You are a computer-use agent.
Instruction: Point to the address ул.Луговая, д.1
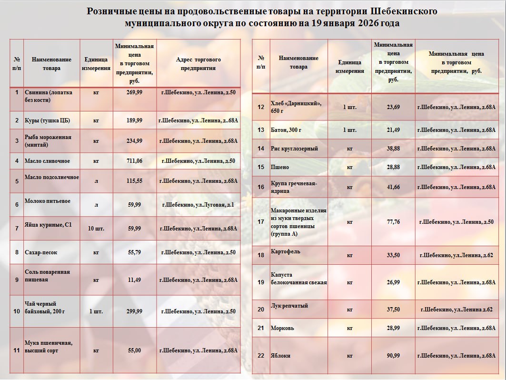click(198, 205)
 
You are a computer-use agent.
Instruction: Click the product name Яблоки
click(280, 356)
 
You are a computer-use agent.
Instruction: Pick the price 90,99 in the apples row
click(393, 356)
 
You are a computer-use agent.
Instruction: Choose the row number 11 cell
click(17, 351)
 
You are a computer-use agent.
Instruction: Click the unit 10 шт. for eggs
click(96, 229)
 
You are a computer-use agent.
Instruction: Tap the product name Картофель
click(286, 251)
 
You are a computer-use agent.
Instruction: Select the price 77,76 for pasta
click(393, 222)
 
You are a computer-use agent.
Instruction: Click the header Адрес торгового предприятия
click(198, 64)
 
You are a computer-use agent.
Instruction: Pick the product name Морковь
click(282, 328)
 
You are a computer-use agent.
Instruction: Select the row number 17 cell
click(260, 222)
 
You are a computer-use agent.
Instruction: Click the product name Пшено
click(280, 167)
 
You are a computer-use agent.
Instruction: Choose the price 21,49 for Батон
click(393, 130)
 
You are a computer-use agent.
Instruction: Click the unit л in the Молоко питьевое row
click(96, 205)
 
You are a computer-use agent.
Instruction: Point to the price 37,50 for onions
click(393, 310)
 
